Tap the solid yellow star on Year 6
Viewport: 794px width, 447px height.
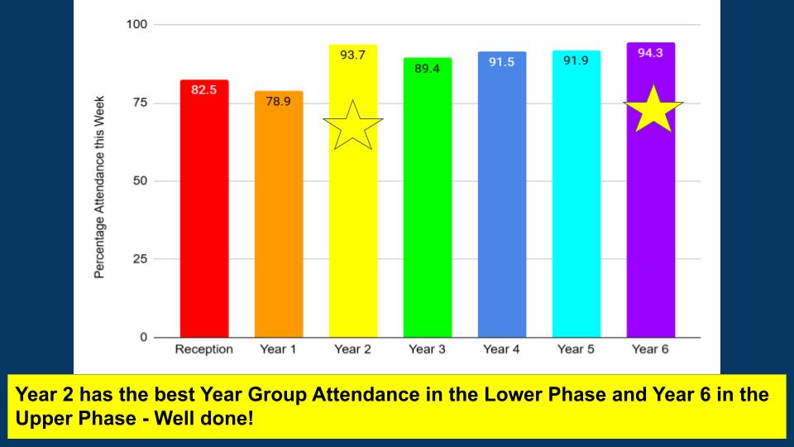[653, 109]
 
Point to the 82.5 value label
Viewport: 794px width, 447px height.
[203, 89]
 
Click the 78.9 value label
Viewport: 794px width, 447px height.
[278, 101]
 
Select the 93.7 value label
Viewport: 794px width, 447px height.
[353, 55]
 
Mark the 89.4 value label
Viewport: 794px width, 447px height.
[427, 68]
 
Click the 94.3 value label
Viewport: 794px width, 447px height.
[650, 53]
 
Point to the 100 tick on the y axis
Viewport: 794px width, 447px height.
[136, 24]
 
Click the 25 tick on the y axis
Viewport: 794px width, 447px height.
[140, 259]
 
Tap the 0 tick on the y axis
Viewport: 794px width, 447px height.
[144, 337]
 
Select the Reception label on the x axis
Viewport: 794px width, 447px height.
[203, 349]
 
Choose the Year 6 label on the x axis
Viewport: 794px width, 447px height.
[650, 349]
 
